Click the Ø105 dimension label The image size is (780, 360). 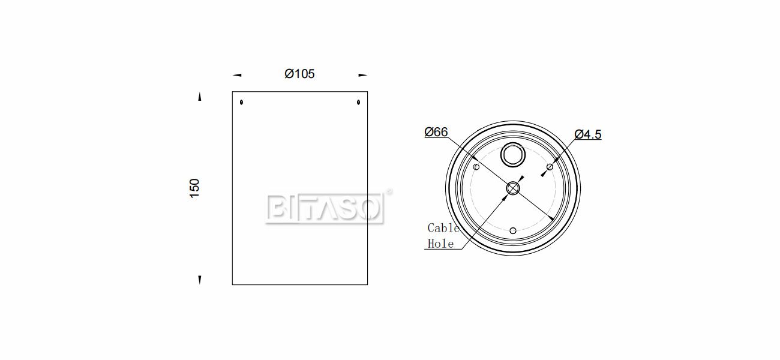(x=299, y=74)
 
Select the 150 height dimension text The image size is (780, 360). (x=194, y=188)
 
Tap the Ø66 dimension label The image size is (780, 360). (x=436, y=132)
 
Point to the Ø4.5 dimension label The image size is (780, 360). (x=588, y=134)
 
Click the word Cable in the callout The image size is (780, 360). (x=443, y=228)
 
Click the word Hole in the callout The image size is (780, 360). (x=440, y=244)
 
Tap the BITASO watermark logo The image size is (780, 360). (x=325, y=209)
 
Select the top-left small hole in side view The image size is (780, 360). (x=241, y=102)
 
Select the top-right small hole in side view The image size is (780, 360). (x=358, y=102)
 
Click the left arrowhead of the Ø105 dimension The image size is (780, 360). (x=237, y=75)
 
